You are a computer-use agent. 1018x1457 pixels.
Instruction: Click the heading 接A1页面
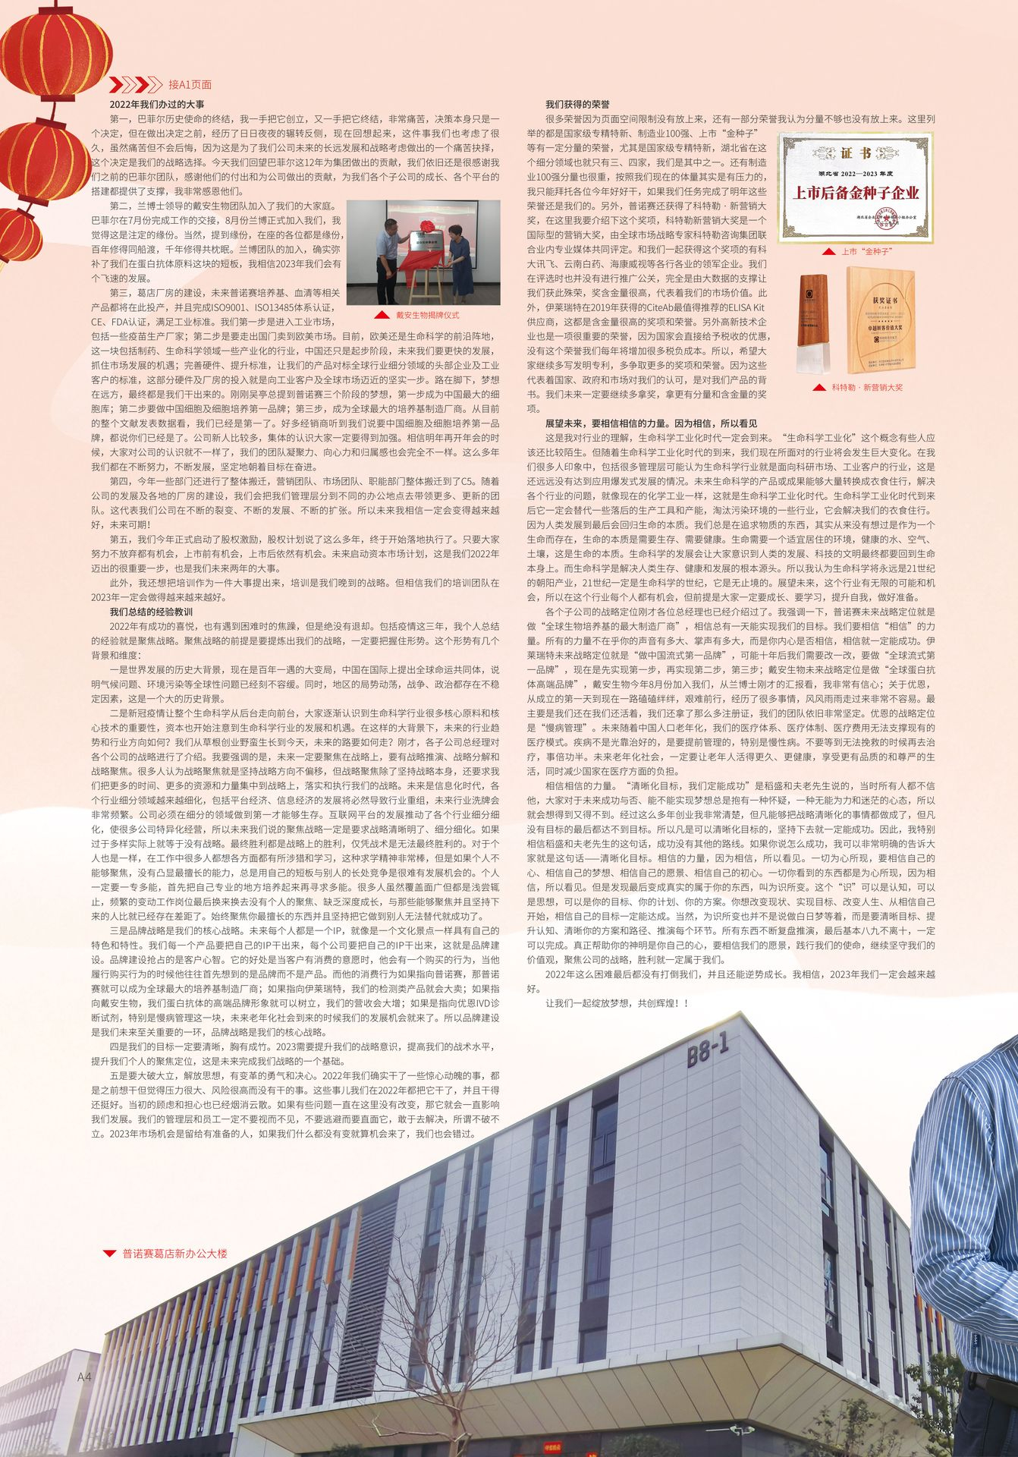(x=190, y=84)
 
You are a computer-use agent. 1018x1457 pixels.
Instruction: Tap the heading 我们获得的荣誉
(x=577, y=103)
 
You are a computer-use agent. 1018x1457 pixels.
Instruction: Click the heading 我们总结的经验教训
(x=152, y=611)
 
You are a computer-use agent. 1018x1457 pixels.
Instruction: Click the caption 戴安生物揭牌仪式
(x=427, y=314)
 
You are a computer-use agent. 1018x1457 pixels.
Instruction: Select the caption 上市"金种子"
(x=866, y=250)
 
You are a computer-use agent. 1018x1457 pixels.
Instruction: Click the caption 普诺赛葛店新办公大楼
(x=174, y=1253)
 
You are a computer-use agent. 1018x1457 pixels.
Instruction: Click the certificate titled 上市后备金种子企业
(x=856, y=187)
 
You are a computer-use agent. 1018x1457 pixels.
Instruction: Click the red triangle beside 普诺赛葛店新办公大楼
(x=110, y=1253)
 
